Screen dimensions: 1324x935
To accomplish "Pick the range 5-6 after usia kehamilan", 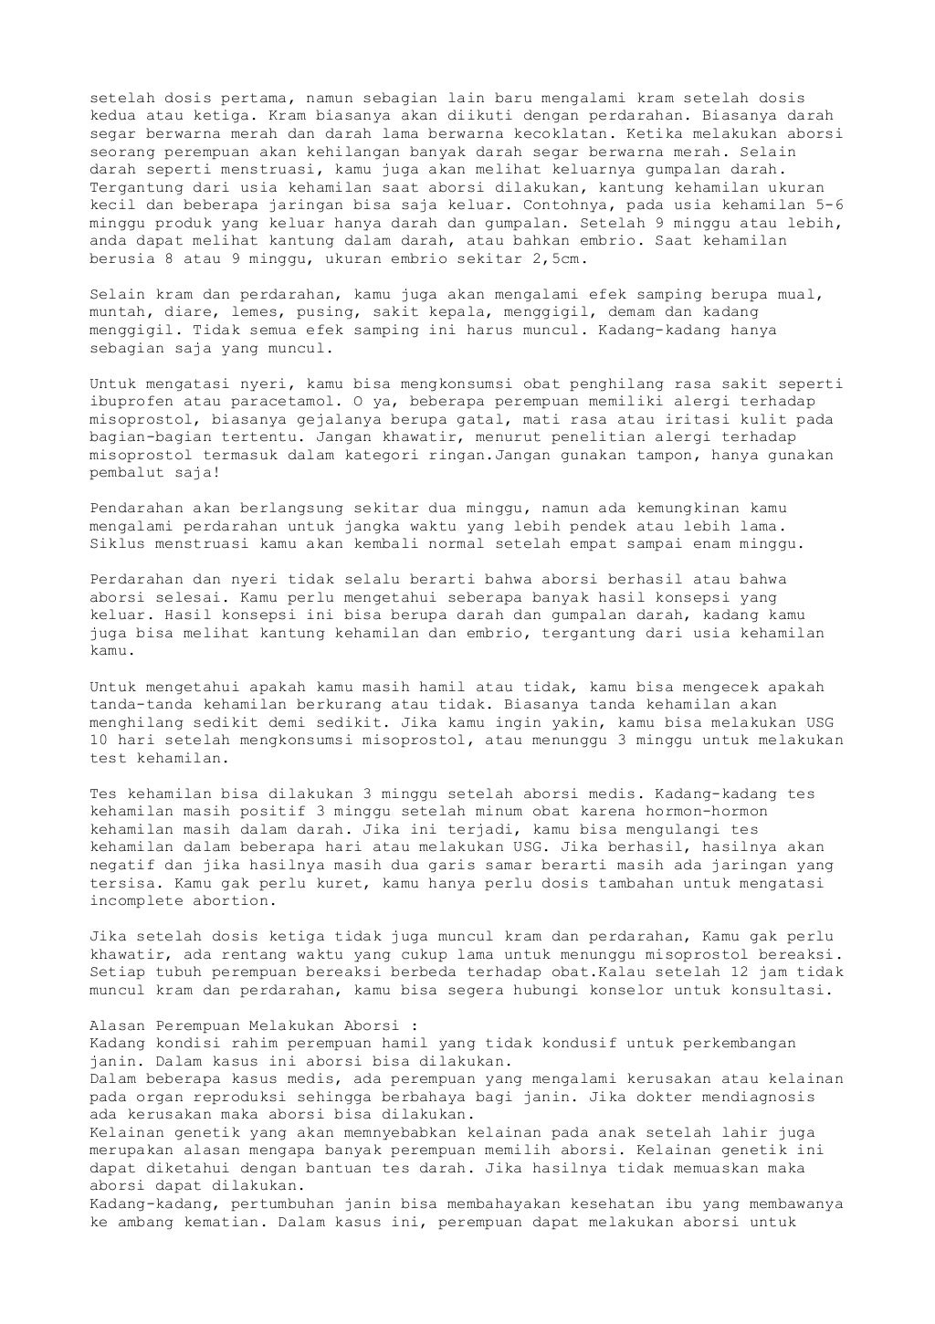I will coord(829,205).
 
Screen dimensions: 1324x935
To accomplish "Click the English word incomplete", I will coord(137,901).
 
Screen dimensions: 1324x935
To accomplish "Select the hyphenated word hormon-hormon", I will coord(708,812).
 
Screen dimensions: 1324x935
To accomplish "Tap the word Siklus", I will coord(118,544).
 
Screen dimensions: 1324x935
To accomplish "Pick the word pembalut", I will coord(127,473).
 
